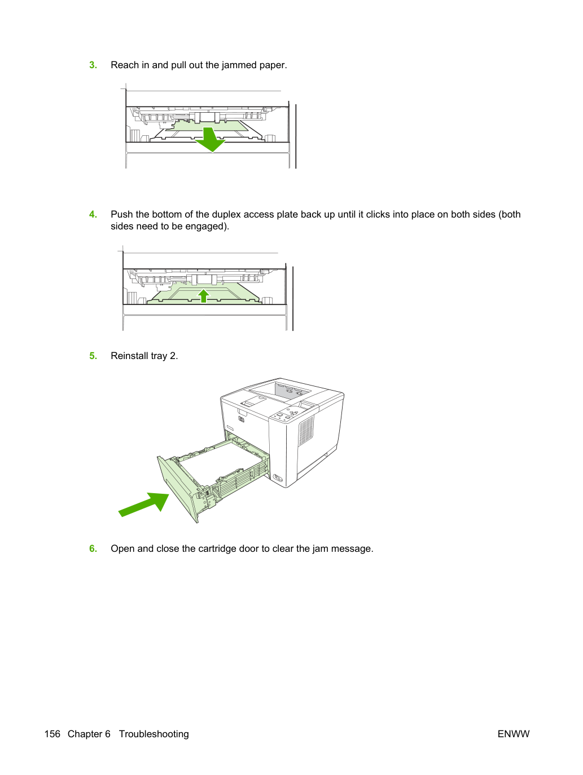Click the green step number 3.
pos(93,65)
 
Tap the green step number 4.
pos(93,214)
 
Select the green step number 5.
pos(93,356)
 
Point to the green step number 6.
pos(93,548)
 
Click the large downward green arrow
pos(210,139)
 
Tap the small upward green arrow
pos(203,296)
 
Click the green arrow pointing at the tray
pos(143,504)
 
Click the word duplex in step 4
pos(226,215)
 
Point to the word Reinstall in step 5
pos(129,356)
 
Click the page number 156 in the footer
pos(52,734)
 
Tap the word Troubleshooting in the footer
pos(154,734)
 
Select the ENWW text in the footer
pos(514,734)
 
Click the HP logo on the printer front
pos(241,419)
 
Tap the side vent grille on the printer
pos(306,431)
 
